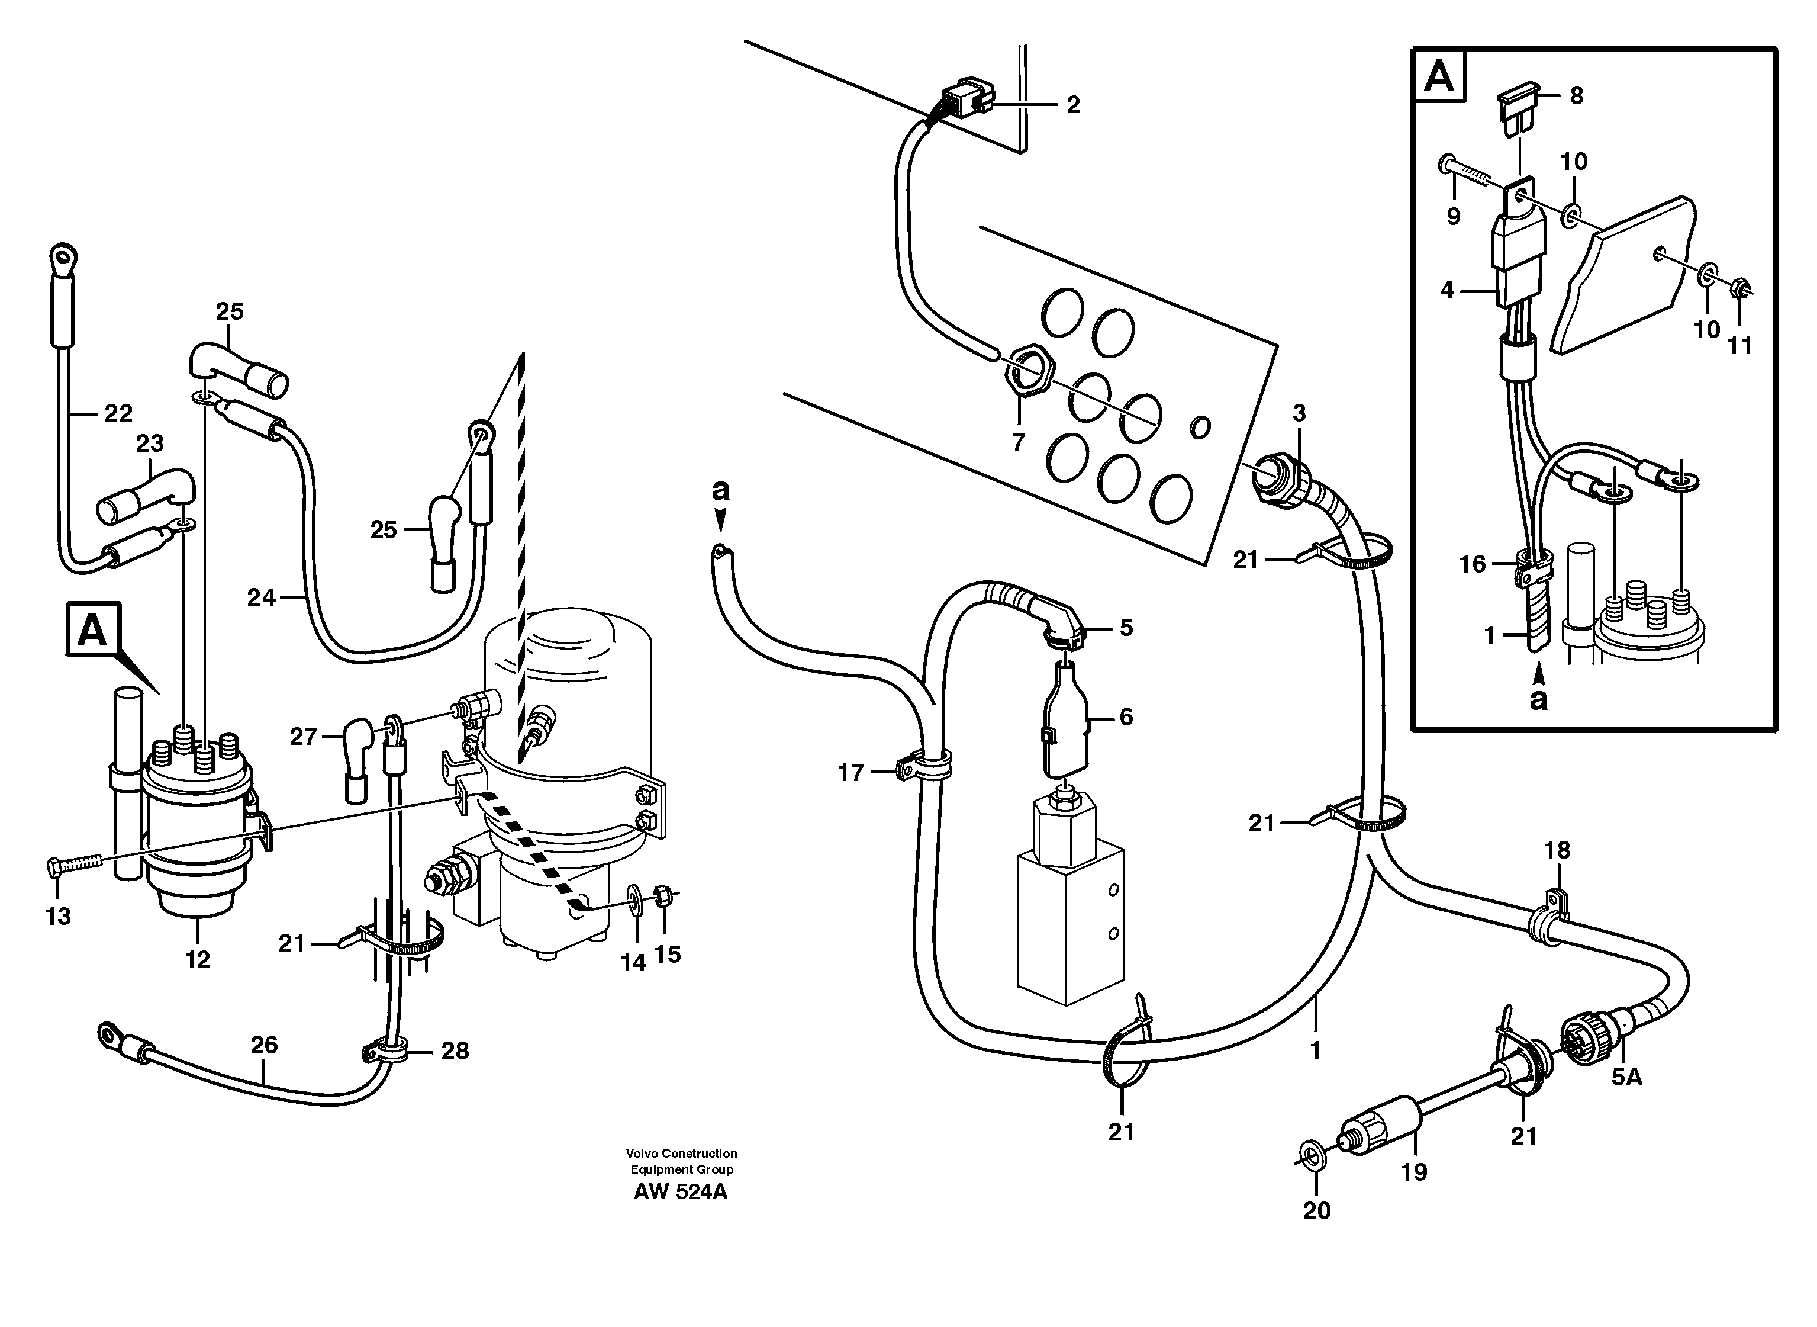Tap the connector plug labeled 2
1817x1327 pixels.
[x=968, y=99]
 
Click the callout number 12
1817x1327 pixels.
[x=198, y=959]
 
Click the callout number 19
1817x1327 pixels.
[x=1414, y=1172]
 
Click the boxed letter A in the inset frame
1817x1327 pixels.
[x=1439, y=78]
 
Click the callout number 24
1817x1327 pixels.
[x=261, y=597]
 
